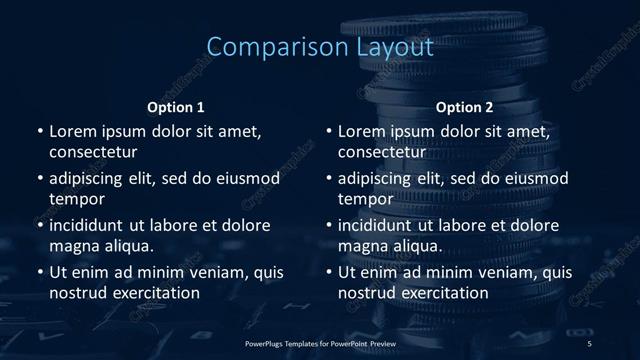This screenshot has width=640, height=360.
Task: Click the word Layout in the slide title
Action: [x=384, y=47]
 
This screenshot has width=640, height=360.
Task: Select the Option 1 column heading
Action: [x=176, y=107]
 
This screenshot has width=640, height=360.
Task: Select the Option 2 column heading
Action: [x=465, y=107]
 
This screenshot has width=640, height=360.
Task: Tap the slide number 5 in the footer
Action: [x=589, y=343]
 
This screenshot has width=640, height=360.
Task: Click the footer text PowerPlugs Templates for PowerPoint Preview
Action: [x=320, y=343]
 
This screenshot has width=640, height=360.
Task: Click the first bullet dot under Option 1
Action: [x=40, y=132]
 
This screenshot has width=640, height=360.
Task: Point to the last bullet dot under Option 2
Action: [x=329, y=273]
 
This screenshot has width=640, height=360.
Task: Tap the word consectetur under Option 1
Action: [x=93, y=153]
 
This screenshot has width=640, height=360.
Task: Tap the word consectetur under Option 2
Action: [x=382, y=153]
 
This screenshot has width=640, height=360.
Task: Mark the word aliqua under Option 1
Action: [x=129, y=246]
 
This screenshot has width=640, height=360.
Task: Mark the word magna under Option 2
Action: [x=362, y=246]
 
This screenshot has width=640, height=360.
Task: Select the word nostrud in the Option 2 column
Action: [x=367, y=293]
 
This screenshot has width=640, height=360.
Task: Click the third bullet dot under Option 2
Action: [x=329, y=226]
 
